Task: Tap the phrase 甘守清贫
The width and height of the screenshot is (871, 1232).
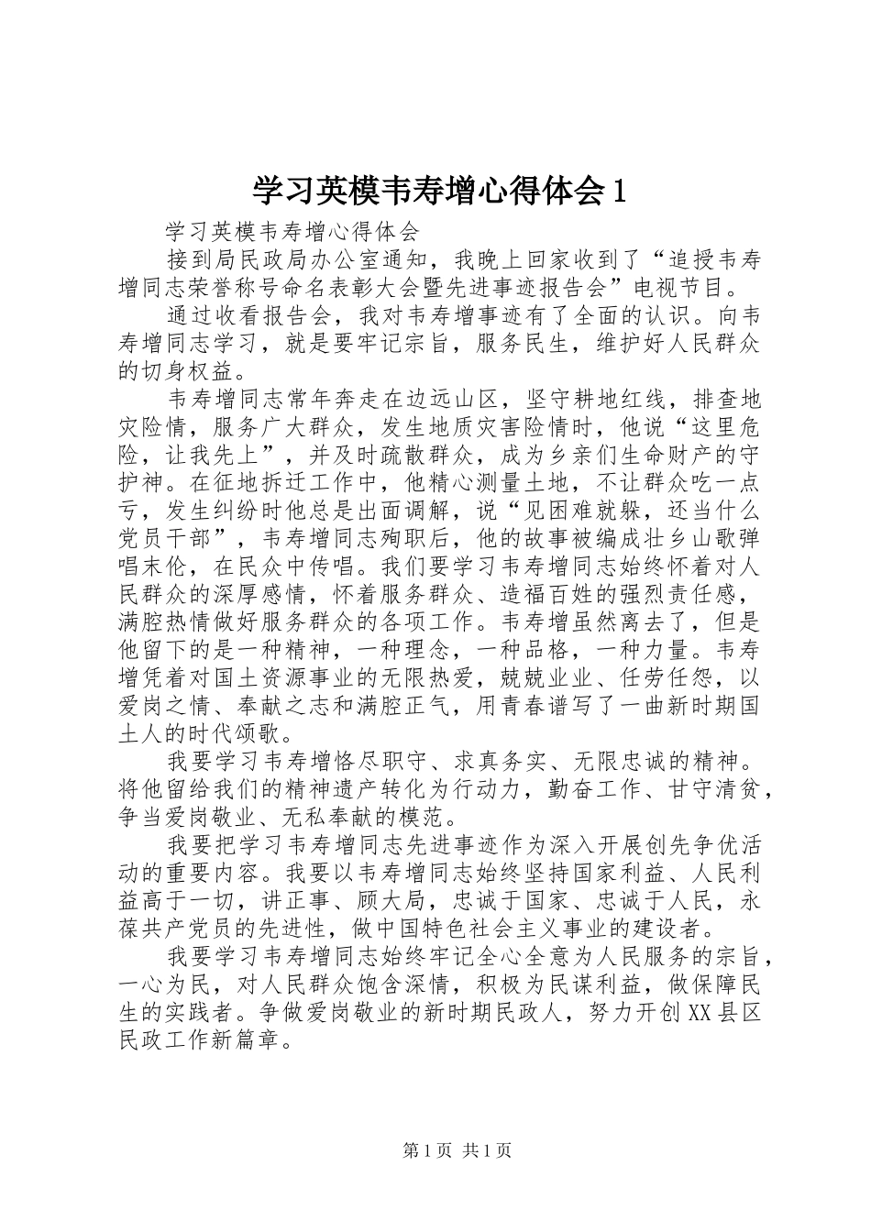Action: [x=714, y=788]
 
